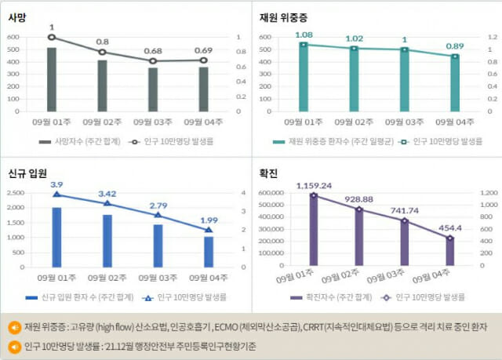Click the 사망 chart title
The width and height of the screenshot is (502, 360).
point(17,17)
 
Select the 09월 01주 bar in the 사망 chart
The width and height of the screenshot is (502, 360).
point(52,80)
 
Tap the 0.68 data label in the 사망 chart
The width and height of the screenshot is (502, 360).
point(153,51)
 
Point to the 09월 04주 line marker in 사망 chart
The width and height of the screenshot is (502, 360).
point(204,60)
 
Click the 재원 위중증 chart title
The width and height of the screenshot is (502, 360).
point(283,17)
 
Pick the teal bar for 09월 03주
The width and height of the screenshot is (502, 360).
point(405,80)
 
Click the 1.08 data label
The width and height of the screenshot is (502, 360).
point(304,35)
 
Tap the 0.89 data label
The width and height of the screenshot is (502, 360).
point(455,46)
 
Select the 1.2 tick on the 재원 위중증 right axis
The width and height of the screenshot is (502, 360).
point(493,37)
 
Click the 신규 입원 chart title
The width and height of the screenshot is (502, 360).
point(27,173)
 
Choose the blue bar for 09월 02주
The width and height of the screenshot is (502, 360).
point(107,241)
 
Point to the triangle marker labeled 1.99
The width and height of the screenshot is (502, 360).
point(209,230)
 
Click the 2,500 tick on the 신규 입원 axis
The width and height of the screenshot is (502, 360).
point(16,193)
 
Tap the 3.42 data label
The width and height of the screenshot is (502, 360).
point(107,194)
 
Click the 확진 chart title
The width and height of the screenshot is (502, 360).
point(268,173)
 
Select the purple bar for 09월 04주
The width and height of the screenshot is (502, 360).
point(449,252)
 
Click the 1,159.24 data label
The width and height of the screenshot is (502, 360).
point(314,186)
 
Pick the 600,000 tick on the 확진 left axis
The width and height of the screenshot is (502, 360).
point(271,193)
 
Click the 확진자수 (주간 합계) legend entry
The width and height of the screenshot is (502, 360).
point(331,297)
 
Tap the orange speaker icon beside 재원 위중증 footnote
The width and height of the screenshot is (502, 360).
point(15,328)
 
